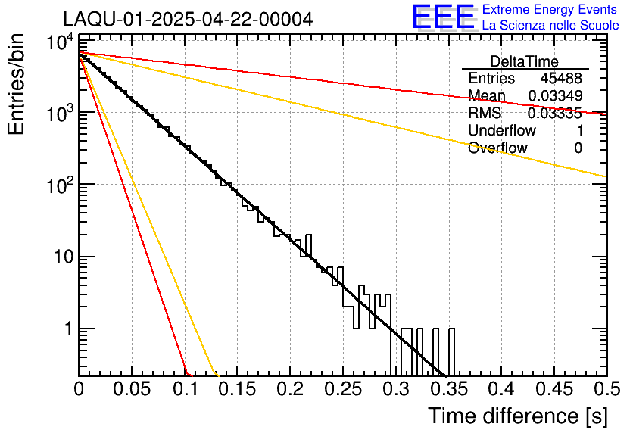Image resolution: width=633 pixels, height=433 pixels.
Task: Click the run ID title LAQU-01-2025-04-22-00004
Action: [x=188, y=19]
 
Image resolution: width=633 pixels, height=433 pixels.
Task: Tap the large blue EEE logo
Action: [x=443, y=17]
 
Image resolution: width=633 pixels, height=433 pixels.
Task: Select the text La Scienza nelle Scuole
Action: [x=550, y=26]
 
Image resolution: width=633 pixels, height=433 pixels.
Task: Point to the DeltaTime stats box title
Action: [x=525, y=61]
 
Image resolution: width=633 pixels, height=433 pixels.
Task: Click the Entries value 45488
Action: [x=561, y=79]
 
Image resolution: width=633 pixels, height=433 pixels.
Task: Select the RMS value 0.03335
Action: [x=554, y=114]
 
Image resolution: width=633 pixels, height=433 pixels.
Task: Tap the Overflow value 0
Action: [x=578, y=148]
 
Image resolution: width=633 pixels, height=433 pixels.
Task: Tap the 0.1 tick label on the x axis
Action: [x=184, y=390]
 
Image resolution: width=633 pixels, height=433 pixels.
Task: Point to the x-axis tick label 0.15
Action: [x=237, y=390]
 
